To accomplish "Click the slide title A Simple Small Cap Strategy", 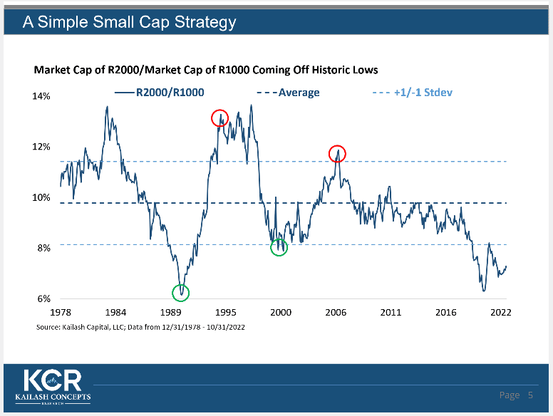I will click(129, 22).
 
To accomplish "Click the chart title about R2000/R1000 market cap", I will click(206, 70).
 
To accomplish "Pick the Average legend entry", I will click(288, 93).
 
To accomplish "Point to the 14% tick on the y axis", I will click(41, 96).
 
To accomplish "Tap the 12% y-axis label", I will click(41, 147).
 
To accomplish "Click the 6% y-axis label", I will click(43, 299).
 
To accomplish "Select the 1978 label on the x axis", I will click(60, 313).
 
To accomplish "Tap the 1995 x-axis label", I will click(226, 313).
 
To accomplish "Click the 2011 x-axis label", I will click(391, 313).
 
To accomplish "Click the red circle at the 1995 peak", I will click(219, 118).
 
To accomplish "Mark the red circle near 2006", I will click(337, 153).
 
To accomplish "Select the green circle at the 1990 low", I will click(181, 292).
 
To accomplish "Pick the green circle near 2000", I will click(279, 247).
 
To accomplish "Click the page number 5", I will click(530, 395).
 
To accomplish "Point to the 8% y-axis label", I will click(43, 249).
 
